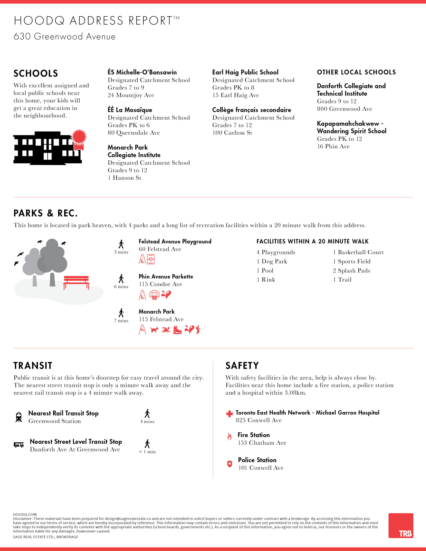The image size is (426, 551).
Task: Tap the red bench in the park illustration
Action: click(x=76, y=282)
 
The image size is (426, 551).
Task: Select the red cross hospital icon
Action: click(x=229, y=413)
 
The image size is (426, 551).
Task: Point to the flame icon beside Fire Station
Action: click(x=229, y=436)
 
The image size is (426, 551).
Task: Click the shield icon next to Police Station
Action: click(x=230, y=464)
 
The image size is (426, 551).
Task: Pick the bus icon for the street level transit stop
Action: click(x=19, y=445)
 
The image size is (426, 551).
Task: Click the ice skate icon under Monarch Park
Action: click(x=177, y=330)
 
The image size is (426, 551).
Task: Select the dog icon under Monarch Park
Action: click(x=154, y=330)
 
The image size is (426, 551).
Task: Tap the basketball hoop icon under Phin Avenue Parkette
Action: click(x=154, y=295)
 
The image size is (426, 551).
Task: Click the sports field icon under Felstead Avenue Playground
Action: click(x=151, y=259)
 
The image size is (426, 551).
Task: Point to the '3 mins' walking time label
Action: click(x=121, y=252)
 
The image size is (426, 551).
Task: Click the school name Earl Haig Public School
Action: click(x=245, y=72)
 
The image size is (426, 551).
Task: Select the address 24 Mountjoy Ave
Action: click(x=131, y=95)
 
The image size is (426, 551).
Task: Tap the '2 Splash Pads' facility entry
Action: click(x=351, y=271)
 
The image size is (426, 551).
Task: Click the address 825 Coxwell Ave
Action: click(x=259, y=420)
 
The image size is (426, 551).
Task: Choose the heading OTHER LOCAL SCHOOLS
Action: click(x=356, y=72)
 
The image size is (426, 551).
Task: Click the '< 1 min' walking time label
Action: click(x=147, y=452)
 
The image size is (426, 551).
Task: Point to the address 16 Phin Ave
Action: click(x=333, y=146)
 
